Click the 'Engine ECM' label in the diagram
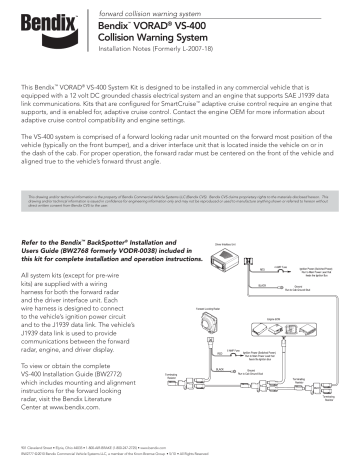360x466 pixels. click(x=277, y=314)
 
